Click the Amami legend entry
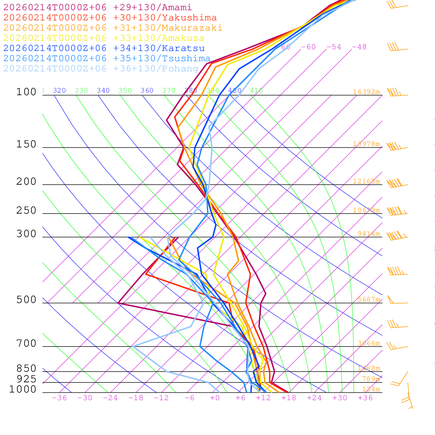point(97,8)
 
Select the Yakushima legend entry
point(110,18)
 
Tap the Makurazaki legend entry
point(113,28)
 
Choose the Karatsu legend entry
point(104,48)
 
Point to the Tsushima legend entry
point(107,59)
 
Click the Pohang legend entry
point(101,69)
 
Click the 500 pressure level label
point(26,300)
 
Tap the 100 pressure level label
point(26,92)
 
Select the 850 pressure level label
point(26,369)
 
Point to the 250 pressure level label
point(26,211)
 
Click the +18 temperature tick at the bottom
point(288,398)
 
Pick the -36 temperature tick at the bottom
point(59,398)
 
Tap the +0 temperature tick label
point(215,398)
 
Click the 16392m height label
point(366,92)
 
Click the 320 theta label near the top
point(59,90)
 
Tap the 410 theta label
point(257,90)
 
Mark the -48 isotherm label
point(359,47)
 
